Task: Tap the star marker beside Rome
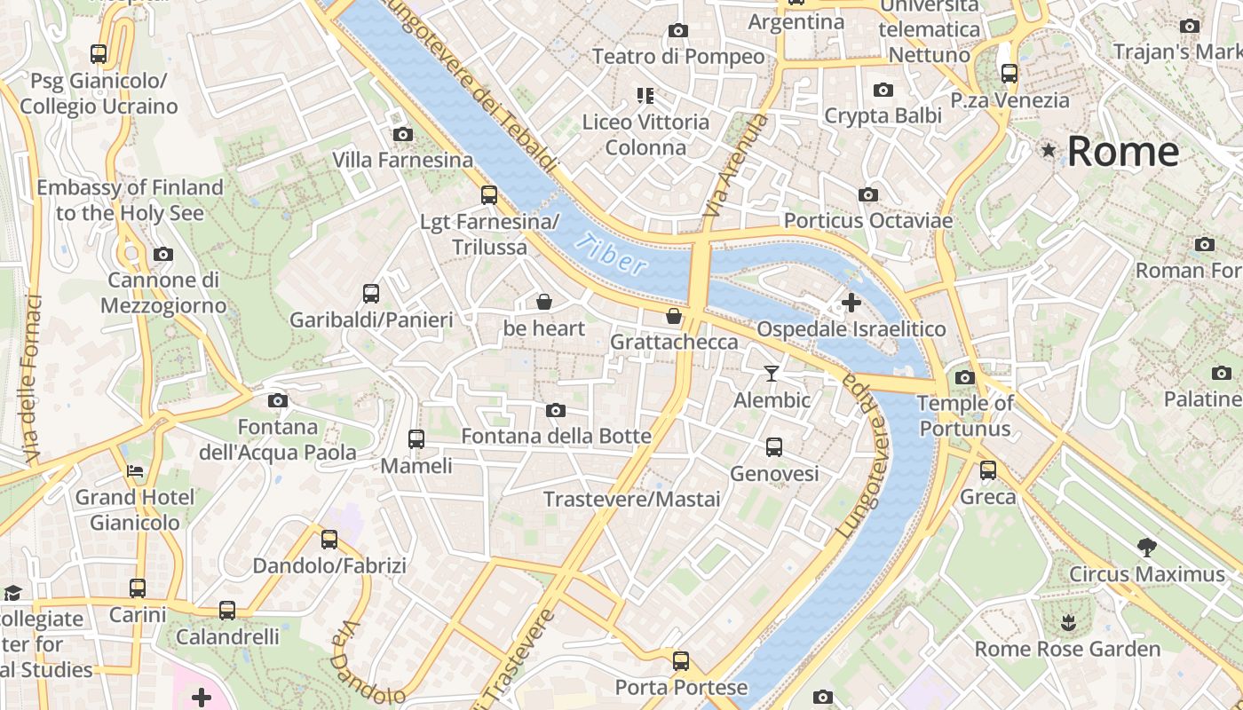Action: (x=1049, y=150)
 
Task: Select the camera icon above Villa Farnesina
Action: (x=403, y=134)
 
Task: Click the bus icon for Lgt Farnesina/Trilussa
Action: (x=489, y=195)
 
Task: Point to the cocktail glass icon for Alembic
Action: (x=772, y=374)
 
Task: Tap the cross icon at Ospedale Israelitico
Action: (x=851, y=303)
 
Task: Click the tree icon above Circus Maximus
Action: (x=1146, y=547)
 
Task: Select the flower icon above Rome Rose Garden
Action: (x=1068, y=622)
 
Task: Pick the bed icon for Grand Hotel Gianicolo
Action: (x=135, y=470)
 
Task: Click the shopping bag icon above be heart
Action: (x=544, y=303)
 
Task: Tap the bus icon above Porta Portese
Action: (x=681, y=660)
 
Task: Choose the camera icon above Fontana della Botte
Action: (x=556, y=410)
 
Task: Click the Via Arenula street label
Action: (x=734, y=167)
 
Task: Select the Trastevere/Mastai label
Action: (x=632, y=500)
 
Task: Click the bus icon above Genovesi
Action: (x=774, y=447)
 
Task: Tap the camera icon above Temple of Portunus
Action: (x=965, y=377)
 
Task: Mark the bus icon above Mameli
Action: (x=416, y=438)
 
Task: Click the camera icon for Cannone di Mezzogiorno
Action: (x=162, y=255)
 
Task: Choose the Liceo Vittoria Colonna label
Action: (x=645, y=134)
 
